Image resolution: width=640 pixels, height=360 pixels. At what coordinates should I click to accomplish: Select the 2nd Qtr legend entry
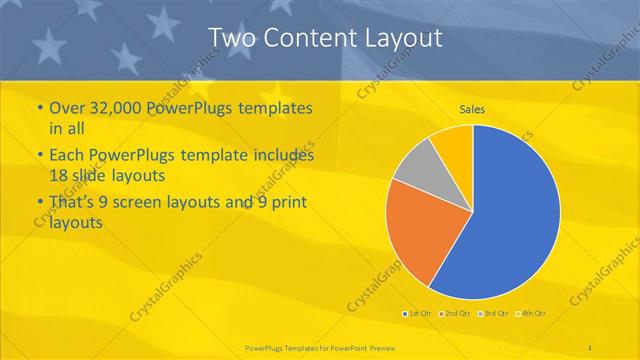(456, 314)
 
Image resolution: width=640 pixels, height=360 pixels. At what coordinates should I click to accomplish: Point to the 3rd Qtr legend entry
(495, 314)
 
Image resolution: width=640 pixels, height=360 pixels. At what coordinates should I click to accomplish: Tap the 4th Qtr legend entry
(533, 314)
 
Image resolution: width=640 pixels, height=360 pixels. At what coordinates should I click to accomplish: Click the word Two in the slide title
(232, 38)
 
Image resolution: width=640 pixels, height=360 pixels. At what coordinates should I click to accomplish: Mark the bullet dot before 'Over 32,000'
(39, 107)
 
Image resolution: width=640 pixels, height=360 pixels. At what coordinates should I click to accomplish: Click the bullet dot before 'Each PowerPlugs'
(39, 156)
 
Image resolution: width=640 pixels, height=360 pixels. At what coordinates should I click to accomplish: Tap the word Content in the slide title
(306, 38)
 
